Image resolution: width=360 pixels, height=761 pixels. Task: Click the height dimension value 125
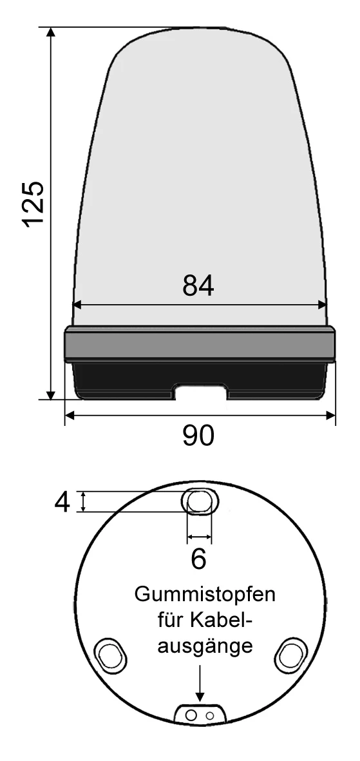pos(34,204)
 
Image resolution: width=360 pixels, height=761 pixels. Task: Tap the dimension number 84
pos(198,286)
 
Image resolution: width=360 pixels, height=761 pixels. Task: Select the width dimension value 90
pos(198,436)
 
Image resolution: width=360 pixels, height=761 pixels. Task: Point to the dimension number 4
pos(62,502)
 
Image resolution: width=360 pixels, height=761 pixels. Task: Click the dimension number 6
pos(198,559)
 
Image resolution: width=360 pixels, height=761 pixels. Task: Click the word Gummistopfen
pos(205,595)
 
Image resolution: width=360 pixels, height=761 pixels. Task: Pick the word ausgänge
pos(206,647)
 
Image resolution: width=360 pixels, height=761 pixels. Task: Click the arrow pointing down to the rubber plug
pos(200,683)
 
